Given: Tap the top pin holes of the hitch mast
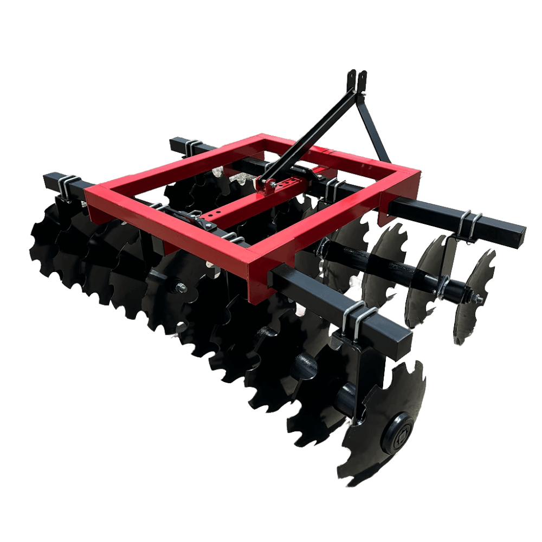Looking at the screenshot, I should click(357, 79).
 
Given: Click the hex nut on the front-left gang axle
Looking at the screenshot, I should click(179, 287).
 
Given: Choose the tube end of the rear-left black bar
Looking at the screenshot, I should click(175, 144).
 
